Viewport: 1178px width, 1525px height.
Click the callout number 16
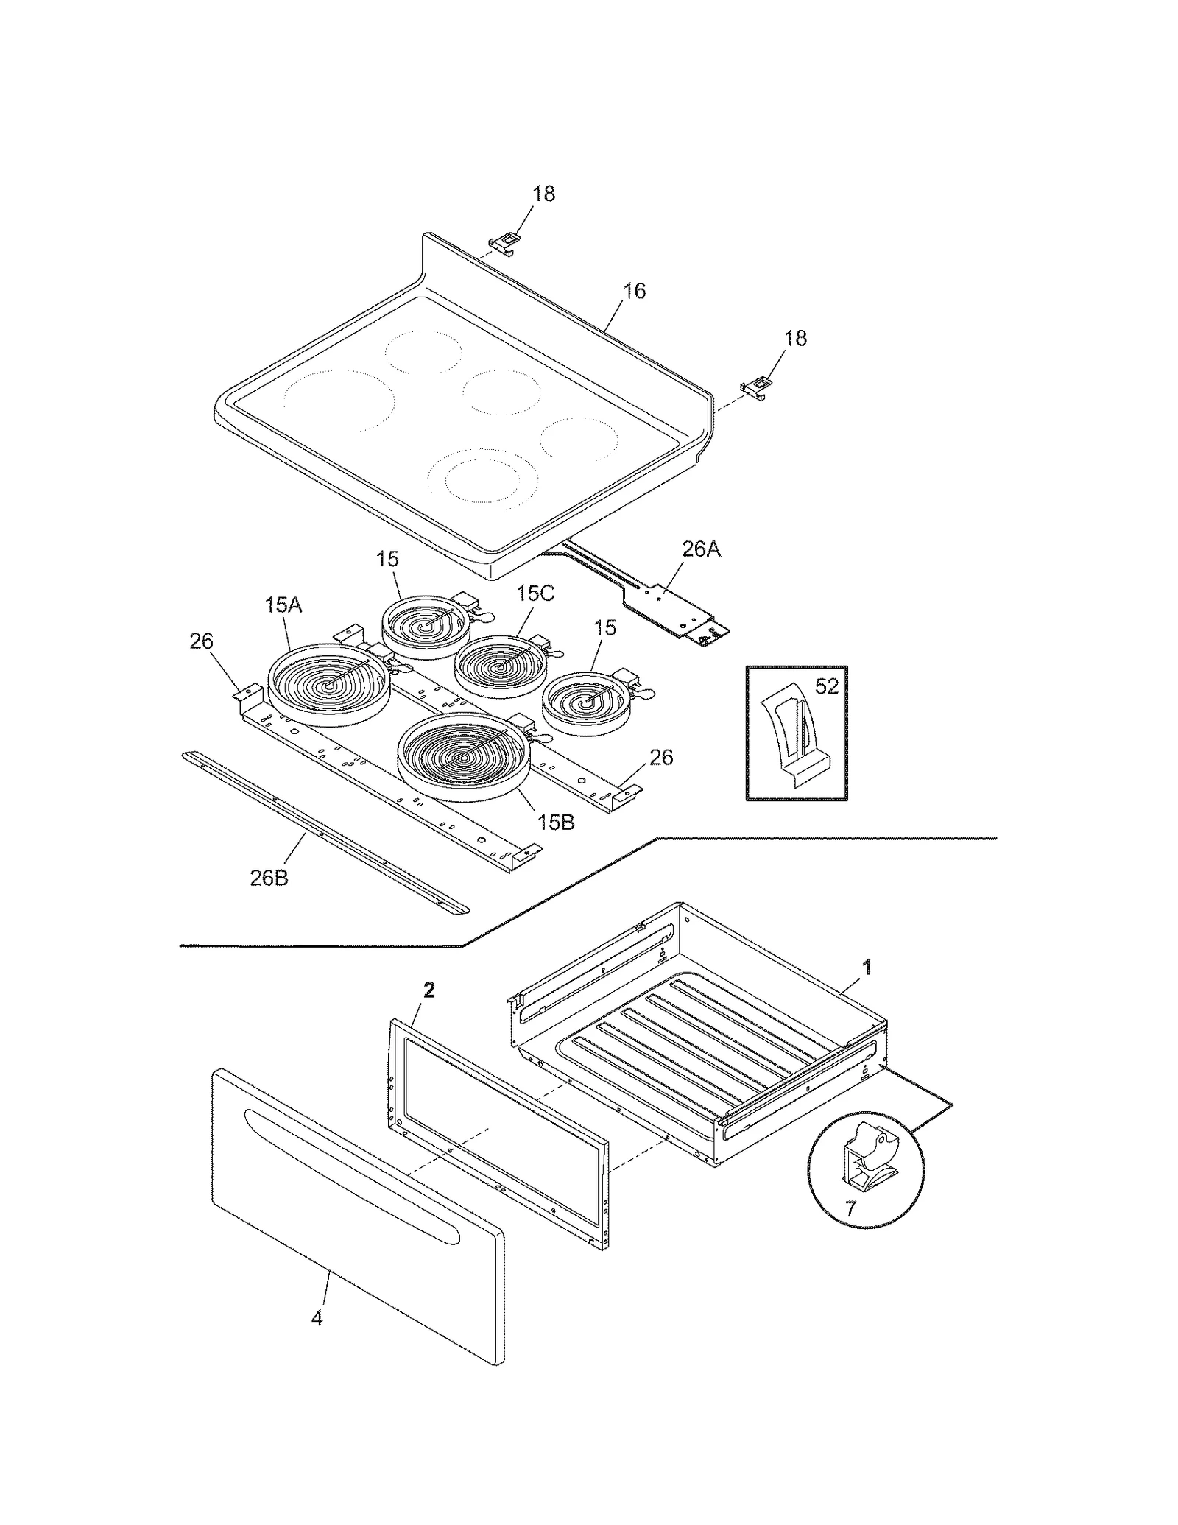click(634, 292)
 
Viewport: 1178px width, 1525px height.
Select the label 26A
click(700, 549)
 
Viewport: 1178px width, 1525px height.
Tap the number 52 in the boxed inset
click(827, 686)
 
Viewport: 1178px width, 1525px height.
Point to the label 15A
click(283, 605)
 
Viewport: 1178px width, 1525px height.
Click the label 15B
click(555, 823)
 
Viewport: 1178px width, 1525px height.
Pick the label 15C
click(535, 594)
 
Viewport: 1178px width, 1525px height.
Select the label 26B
click(269, 878)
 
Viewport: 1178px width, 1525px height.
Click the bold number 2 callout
click(429, 990)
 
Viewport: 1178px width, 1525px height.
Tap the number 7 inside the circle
click(850, 1209)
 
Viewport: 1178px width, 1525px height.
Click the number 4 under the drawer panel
click(317, 1318)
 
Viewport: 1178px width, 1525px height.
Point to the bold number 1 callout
click(867, 967)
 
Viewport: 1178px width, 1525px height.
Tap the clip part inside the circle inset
click(869, 1163)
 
